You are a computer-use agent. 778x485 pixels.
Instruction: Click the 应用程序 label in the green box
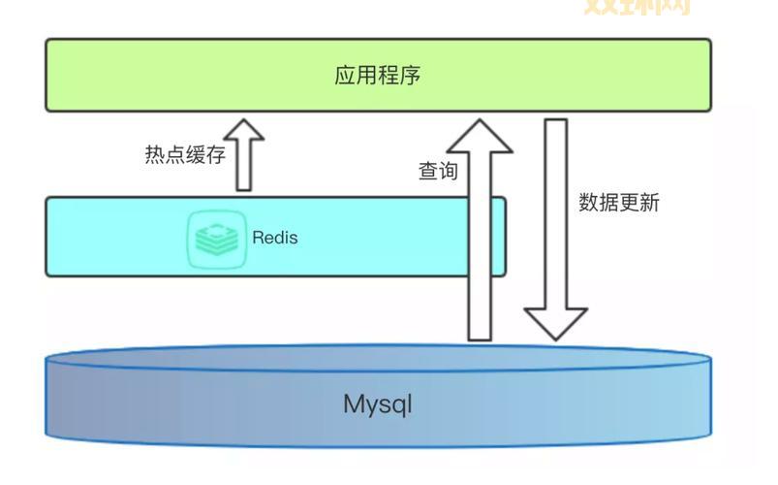click(378, 76)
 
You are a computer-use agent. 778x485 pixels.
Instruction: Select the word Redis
click(275, 238)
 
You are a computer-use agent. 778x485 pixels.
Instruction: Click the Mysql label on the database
click(378, 404)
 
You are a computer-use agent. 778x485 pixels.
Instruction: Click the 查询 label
click(438, 171)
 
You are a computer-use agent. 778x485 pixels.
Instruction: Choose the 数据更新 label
click(619, 203)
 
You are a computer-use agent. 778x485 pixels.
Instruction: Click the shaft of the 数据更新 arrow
click(555, 213)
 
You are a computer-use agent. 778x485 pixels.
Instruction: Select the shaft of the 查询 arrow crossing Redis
click(480, 238)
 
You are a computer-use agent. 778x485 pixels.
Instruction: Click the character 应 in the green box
click(346, 76)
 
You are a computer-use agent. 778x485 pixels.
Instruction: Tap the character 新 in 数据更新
click(649, 203)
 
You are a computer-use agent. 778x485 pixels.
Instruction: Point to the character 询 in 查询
click(449, 171)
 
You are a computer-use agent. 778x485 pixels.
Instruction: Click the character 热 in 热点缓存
click(154, 155)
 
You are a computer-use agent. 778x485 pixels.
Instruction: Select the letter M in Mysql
click(354, 404)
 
